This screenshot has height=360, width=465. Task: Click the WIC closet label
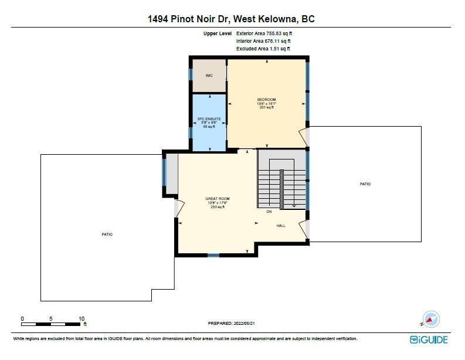tap(209, 76)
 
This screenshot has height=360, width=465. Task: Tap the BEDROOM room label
tap(267, 100)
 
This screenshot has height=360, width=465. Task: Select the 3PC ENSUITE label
tap(209, 119)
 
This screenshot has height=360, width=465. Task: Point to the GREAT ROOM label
tap(218, 199)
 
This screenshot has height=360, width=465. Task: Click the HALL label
tap(281, 226)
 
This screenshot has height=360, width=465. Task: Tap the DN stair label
tap(269, 212)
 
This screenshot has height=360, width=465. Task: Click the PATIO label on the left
tap(107, 235)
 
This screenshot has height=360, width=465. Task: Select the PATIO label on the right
tap(365, 184)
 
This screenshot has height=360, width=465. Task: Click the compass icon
tap(430, 320)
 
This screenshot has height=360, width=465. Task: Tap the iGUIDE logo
tap(429, 339)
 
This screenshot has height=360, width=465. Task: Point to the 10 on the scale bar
tap(82, 319)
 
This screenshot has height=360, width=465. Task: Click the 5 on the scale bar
tap(51, 319)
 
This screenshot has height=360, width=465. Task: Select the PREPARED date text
tap(231, 323)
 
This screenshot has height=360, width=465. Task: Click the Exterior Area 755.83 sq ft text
tap(264, 33)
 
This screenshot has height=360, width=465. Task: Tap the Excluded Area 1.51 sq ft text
tap(263, 49)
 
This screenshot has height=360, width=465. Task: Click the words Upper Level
tap(218, 33)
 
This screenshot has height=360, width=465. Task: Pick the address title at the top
tap(231, 19)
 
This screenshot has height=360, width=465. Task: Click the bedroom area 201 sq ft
tap(267, 107)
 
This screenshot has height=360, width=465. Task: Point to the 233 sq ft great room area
tap(218, 207)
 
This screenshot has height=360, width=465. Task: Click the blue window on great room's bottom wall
tap(213, 255)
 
